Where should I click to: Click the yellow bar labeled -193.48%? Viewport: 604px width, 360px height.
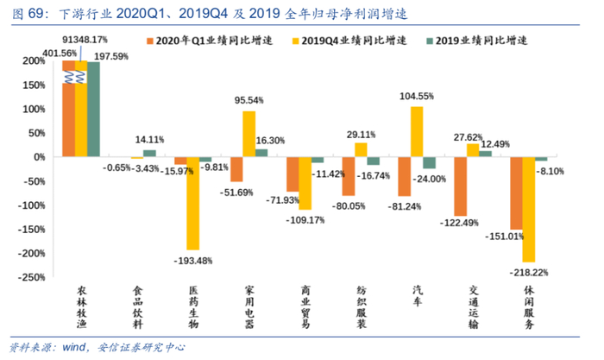click(x=193, y=203)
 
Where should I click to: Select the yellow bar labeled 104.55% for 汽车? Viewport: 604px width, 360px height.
click(x=417, y=131)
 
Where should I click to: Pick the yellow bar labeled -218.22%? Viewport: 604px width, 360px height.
click(x=528, y=209)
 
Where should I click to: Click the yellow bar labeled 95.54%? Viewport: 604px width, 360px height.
click(x=249, y=134)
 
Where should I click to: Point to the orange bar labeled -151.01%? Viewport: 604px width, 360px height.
click(x=516, y=193)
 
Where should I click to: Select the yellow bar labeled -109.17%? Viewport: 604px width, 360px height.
click(x=305, y=183)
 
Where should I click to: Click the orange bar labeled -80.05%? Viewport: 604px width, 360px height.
click(x=349, y=176)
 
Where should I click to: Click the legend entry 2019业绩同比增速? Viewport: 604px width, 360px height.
click(x=474, y=41)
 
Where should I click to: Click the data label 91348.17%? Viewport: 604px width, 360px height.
click(x=85, y=40)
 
